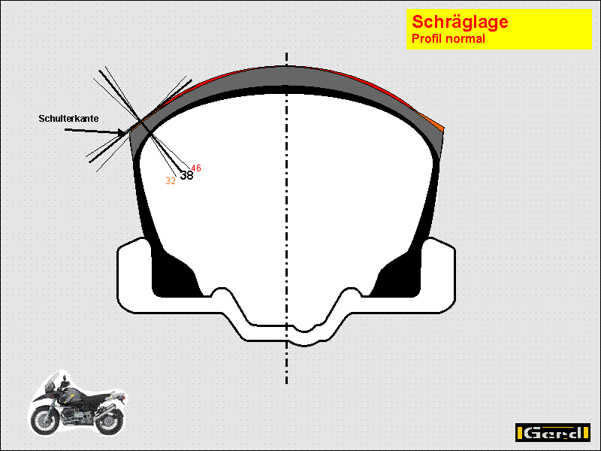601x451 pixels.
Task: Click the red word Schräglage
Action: click(x=460, y=23)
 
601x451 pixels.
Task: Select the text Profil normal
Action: click(x=448, y=39)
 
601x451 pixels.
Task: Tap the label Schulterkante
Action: click(x=68, y=119)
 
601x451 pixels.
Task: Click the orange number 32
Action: click(x=171, y=181)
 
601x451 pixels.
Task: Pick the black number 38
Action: click(x=186, y=175)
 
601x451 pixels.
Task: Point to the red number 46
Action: click(x=196, y=168)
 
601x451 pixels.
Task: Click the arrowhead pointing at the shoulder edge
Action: click(x=123, y=133)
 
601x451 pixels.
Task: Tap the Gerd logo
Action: click(x=552, y=433)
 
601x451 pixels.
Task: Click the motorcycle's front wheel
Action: click(x=45, y=421)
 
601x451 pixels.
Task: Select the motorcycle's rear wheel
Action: click(x=108, y=421)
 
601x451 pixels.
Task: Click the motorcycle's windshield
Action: click(x=51, y=381)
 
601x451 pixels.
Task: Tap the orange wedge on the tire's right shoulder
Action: click(x=433, y=122)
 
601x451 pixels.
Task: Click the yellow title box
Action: click(x=499, y=29)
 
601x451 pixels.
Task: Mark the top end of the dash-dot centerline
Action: click(x=287, y=53)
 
